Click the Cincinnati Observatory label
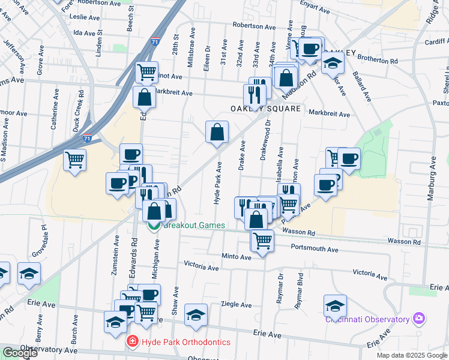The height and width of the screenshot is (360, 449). (368, 319)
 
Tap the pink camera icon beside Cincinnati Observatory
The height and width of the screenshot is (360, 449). (419, 319)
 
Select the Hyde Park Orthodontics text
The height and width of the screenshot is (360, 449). (186, 342)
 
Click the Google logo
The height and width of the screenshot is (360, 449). (20, 353)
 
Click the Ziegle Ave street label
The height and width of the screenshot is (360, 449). (236, 305)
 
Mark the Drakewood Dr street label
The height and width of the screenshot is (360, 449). (264, 142)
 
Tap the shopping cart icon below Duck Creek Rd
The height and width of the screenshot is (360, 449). (75, 160)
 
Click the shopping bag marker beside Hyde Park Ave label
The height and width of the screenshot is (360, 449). (217, 132)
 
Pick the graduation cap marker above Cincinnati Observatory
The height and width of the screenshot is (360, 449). (335, 305)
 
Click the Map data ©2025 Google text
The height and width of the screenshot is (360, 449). (411, 355)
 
